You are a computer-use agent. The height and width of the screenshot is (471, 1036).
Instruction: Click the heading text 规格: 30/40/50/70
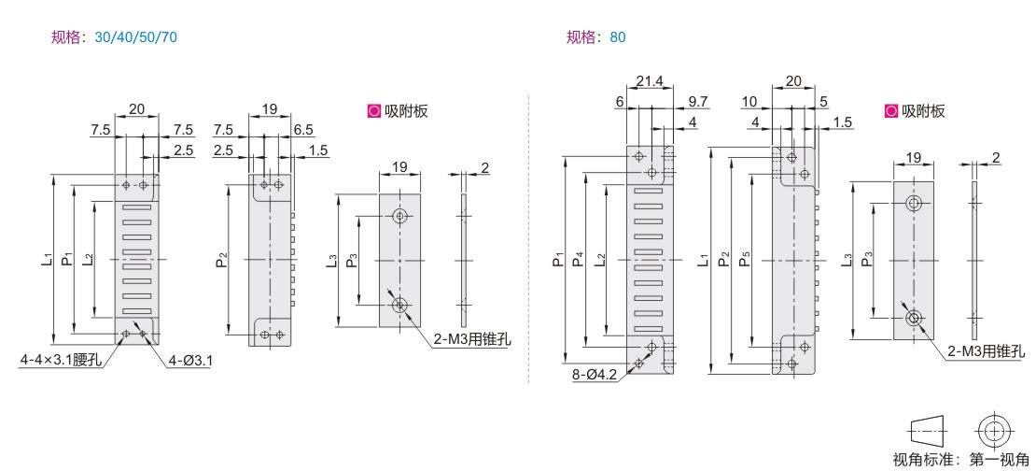[x=114, y=37]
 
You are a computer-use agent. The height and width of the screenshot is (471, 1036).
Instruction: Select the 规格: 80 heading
[x=596, y=37]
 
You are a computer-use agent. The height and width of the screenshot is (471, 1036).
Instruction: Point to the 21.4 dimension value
[x=650, y=81]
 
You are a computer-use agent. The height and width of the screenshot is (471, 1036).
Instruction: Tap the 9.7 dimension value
[x=698, y=101]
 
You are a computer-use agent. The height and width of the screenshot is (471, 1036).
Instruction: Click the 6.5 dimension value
[x=304, y=130]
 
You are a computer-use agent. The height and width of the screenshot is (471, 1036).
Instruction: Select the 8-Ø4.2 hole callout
[x=595, y=375]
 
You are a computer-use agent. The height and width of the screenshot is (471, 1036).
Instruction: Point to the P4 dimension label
[x=579, y=259]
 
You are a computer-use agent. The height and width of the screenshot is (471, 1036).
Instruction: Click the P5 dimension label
[x=746, y=260]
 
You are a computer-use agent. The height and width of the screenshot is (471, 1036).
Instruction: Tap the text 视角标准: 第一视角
[x=960, y=459]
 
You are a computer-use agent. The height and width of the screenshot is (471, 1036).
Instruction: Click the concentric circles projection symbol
[x=992, y=431]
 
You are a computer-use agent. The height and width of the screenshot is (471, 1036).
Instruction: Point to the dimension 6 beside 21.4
[x=619, y=101]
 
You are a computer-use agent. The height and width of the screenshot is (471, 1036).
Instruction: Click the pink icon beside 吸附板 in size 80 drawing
[x=891, y=111]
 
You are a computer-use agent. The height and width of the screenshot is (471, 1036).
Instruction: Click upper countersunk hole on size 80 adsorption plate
[x=915, y=203]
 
